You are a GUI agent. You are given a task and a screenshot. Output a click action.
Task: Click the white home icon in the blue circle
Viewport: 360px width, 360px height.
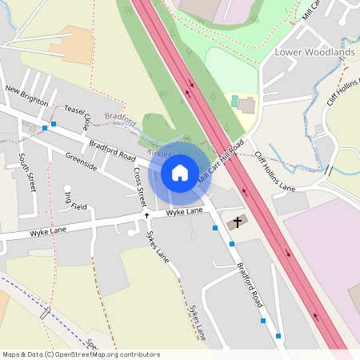tap(180, 173)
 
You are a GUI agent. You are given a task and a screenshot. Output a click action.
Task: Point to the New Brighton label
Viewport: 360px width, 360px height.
tap(26, 95)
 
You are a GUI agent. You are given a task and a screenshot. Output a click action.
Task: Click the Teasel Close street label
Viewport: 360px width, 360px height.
tap(78, 118)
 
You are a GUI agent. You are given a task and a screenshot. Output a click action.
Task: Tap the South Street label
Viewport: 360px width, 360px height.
tap(27, 171)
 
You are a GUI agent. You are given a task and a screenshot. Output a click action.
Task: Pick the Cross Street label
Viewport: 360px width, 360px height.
tap(140, 184)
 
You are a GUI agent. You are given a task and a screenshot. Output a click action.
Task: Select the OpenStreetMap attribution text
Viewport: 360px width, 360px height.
tap(81, 354)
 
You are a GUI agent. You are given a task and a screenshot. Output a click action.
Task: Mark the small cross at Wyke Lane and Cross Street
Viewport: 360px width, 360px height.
tap(146, 216)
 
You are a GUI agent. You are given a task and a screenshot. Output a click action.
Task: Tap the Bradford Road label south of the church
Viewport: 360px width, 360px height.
tap(249, 286)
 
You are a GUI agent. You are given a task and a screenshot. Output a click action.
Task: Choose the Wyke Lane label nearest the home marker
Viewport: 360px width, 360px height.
tap(184, 211)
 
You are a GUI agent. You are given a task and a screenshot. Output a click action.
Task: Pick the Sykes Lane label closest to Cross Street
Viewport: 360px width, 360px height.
tap(158, 246)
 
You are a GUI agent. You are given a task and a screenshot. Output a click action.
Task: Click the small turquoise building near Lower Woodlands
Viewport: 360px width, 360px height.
tap(234, 102)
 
